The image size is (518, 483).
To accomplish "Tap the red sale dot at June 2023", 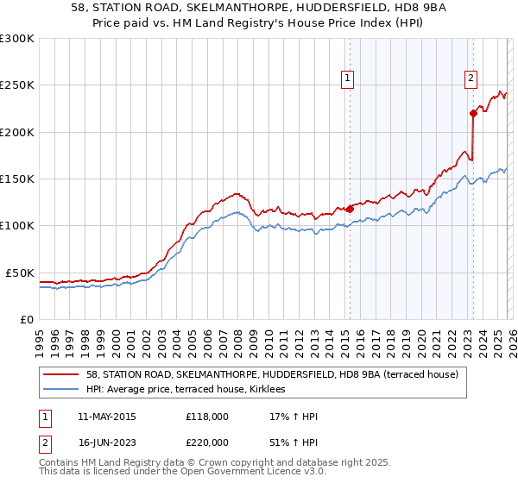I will point(473,113).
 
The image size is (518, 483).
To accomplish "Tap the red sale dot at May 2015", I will point(350,209).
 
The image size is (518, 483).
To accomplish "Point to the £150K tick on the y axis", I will point(18,179).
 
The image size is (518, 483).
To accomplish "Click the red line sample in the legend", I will point(61,374).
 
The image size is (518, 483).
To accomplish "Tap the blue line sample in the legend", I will point(61,390).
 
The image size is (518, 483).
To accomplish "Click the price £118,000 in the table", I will point(207,417).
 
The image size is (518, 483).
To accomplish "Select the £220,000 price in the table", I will point(207,441).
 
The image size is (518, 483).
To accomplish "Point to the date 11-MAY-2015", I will point(106,417).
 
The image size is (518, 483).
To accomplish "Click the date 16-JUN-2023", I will point(106,441).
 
